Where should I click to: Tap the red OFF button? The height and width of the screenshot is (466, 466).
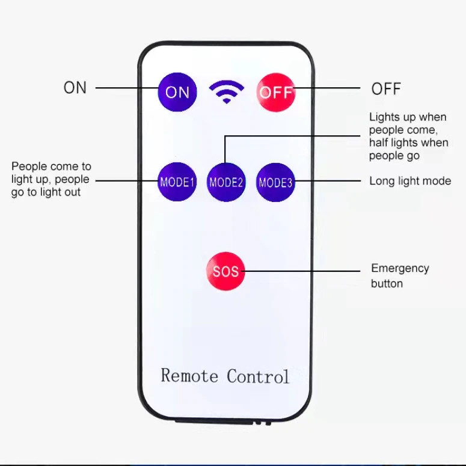pyautogui.click(x=276, y=93)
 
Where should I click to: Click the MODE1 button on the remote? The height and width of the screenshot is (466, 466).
pyautogui.click(x=177, y=182)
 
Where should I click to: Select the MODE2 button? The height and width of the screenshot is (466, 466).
pyautogui.click(x=226, y=182)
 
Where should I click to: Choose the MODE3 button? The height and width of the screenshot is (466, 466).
pyautogui.click(x=275, y=182)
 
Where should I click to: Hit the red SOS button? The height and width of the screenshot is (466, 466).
pyautogui.click(x=226, y=271)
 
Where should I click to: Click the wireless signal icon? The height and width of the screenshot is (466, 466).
pyautogui.click(x=227, y=91)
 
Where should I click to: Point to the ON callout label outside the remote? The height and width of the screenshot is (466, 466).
pyautogui.click(x=75, y=88)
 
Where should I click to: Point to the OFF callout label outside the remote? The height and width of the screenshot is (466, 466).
pyautogui.click(x=386, y=88)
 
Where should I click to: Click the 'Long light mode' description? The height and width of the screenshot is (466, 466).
pyautogui.click(x=410, y=181)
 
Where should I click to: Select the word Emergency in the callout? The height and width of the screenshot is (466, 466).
pyautogui.click(x=400, y=269)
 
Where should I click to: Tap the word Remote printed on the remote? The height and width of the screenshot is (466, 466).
pyautogui.click(x=189, y=375)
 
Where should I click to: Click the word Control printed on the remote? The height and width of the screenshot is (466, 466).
pyautogui.click(x=258, y=376)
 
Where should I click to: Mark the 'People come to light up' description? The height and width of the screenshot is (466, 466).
pyautogui.click(x=51, y=179)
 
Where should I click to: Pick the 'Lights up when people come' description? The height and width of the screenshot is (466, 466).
pyautogui.click(x=409, y=136)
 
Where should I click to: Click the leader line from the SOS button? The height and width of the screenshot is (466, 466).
pyautogui.click(x=301, y=271)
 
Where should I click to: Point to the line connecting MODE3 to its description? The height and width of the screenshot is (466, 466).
pyautogui.click(x=328, y=181)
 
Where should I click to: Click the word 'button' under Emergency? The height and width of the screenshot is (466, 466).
pyautogui.click(x=387, y=284)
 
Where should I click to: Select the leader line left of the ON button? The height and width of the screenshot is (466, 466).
pyautogui.click(x=127, y=88)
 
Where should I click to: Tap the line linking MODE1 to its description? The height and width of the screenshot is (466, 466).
pyautogui.click(x=127, y=181)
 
